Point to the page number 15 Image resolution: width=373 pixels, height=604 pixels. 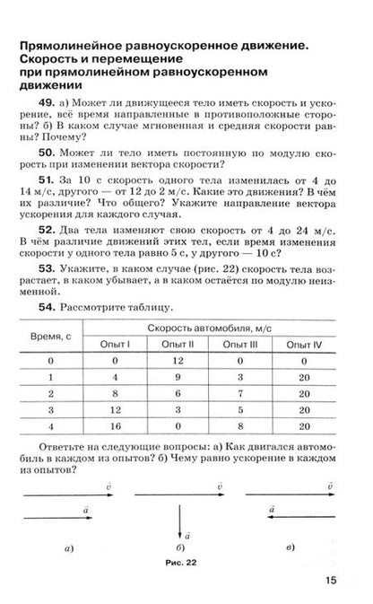pos(331,580)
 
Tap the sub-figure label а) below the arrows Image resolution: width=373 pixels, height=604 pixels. pos(68,547)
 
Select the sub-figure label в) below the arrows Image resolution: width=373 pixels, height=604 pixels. pos(286,547)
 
